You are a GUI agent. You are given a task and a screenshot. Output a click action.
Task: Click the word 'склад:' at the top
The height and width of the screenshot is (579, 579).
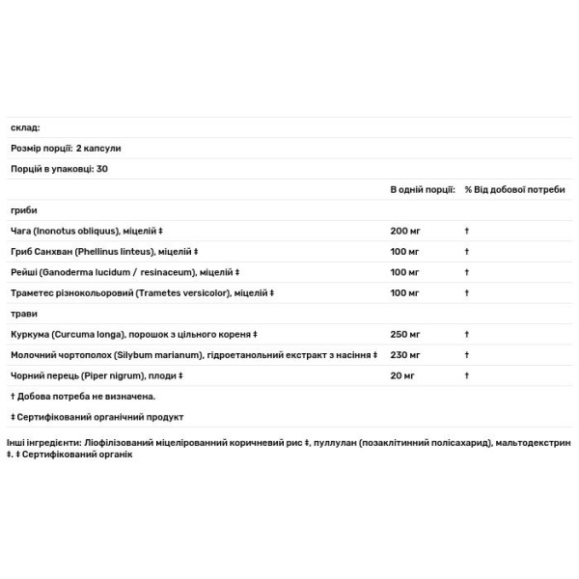[25, 127]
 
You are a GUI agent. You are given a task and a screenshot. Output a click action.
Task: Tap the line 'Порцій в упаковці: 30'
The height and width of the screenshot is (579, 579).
[59, 169]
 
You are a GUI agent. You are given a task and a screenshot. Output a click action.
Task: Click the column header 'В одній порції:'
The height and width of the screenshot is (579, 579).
[423, 190]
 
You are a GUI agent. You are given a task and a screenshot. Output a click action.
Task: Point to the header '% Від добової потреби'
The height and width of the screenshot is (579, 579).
[514, 190]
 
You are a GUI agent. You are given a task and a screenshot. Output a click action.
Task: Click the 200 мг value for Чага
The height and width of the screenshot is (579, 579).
[405, 232]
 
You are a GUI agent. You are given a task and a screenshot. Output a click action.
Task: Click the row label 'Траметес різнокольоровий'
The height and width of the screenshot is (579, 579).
[71, 292]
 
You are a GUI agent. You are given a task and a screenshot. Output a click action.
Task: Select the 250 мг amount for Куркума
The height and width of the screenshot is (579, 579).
[405, 335]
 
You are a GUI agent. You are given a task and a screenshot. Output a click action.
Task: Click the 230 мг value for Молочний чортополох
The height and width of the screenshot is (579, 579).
[405, 355]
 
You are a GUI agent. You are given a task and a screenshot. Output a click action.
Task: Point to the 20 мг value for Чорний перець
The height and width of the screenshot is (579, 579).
[402, 375]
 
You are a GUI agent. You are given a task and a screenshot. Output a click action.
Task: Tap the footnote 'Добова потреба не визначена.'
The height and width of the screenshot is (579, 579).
[86, 396]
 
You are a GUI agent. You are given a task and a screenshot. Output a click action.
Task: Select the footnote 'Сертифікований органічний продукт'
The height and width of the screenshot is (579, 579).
[100, 417]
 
